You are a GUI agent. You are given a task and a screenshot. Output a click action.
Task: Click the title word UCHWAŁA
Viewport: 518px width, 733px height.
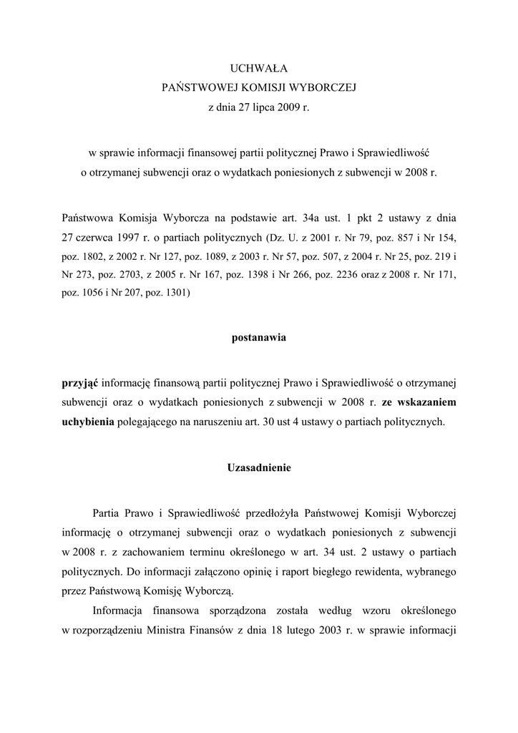click(258, 69)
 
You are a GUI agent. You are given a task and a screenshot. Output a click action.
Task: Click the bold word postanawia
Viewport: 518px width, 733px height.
click(258, 338)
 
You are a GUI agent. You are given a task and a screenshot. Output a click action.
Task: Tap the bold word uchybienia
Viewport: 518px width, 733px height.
click(88, 422)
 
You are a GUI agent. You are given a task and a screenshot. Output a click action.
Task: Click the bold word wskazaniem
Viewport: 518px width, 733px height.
click(426, 402)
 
